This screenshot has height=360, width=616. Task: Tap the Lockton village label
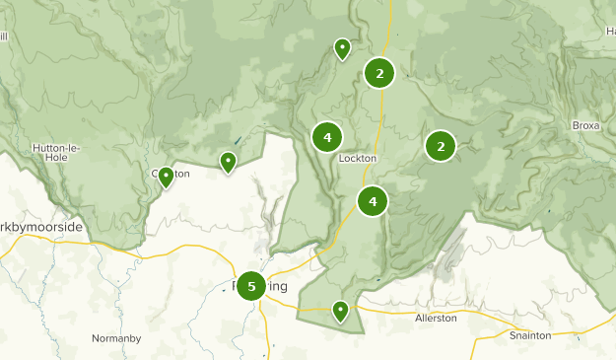tap(358, 158)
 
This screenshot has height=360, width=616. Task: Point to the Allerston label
tap(437, 318)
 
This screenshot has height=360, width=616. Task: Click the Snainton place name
tap(530, 335)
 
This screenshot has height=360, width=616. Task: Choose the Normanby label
tap(117, 338)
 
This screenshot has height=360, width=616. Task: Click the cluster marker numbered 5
tap(251, 286)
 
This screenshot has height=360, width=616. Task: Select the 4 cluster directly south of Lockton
tap(373, 202)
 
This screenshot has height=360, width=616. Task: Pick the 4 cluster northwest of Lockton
tap(326, 137)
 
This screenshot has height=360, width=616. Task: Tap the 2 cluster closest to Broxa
tap(441, 146)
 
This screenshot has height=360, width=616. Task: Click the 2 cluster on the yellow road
tap(379, 72)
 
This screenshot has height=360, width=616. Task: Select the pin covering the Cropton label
tap(166, 177)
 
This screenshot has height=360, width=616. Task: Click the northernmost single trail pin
tap(342, 47)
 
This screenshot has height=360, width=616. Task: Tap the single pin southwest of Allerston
tap(340, 311)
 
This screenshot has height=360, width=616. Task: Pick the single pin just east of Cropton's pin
tap(228, 161)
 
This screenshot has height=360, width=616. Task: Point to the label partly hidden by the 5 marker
tap(269, 286)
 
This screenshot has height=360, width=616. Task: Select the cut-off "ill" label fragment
tap(4, 36)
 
